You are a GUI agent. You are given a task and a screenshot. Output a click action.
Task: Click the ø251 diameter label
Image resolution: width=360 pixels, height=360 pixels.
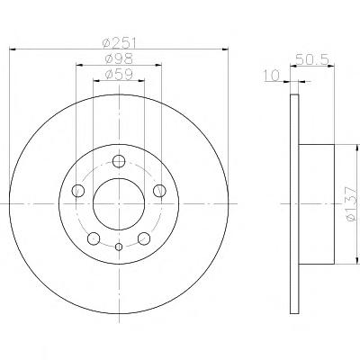tap(119, 44)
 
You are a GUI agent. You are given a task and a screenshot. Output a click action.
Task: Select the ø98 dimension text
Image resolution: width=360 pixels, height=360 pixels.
tap(119, 58)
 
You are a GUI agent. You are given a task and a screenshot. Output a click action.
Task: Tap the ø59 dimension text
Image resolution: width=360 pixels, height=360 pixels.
tap(119, 74)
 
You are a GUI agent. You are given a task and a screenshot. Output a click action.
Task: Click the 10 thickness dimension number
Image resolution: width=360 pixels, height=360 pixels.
tap(272, 76)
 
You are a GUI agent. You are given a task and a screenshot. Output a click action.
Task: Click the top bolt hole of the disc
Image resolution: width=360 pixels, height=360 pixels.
tap(119, 161)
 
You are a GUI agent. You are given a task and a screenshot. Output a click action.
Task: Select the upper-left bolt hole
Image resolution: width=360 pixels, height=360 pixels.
tap(78, 191)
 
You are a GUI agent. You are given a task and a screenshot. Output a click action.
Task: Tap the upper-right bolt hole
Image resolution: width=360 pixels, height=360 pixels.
tap(159, 191)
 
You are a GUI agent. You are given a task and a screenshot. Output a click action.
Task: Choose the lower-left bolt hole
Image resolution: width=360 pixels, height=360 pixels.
tap(94, 238)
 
